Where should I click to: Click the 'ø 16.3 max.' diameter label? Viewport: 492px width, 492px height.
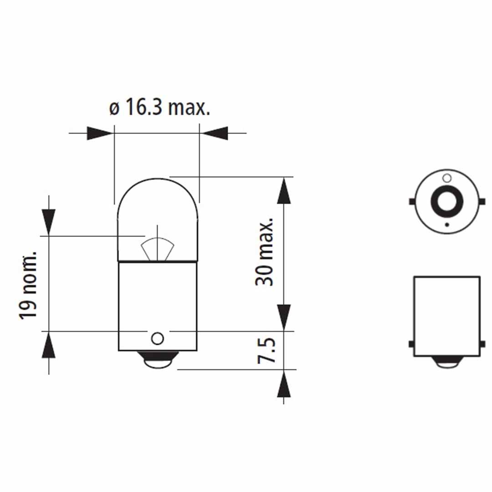point(159,109)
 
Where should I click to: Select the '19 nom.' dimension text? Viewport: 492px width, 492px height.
point(28,284)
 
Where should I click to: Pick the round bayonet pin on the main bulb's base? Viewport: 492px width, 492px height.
point(157,338)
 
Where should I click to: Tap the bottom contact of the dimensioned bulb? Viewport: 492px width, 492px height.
point(157,361)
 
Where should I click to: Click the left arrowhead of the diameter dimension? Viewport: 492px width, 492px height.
point(100,133)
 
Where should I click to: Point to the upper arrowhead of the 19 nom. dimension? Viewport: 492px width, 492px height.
point(49,222)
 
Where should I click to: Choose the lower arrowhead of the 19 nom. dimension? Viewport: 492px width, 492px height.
point(49,345)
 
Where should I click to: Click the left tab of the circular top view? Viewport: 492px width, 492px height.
point(412,201)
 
